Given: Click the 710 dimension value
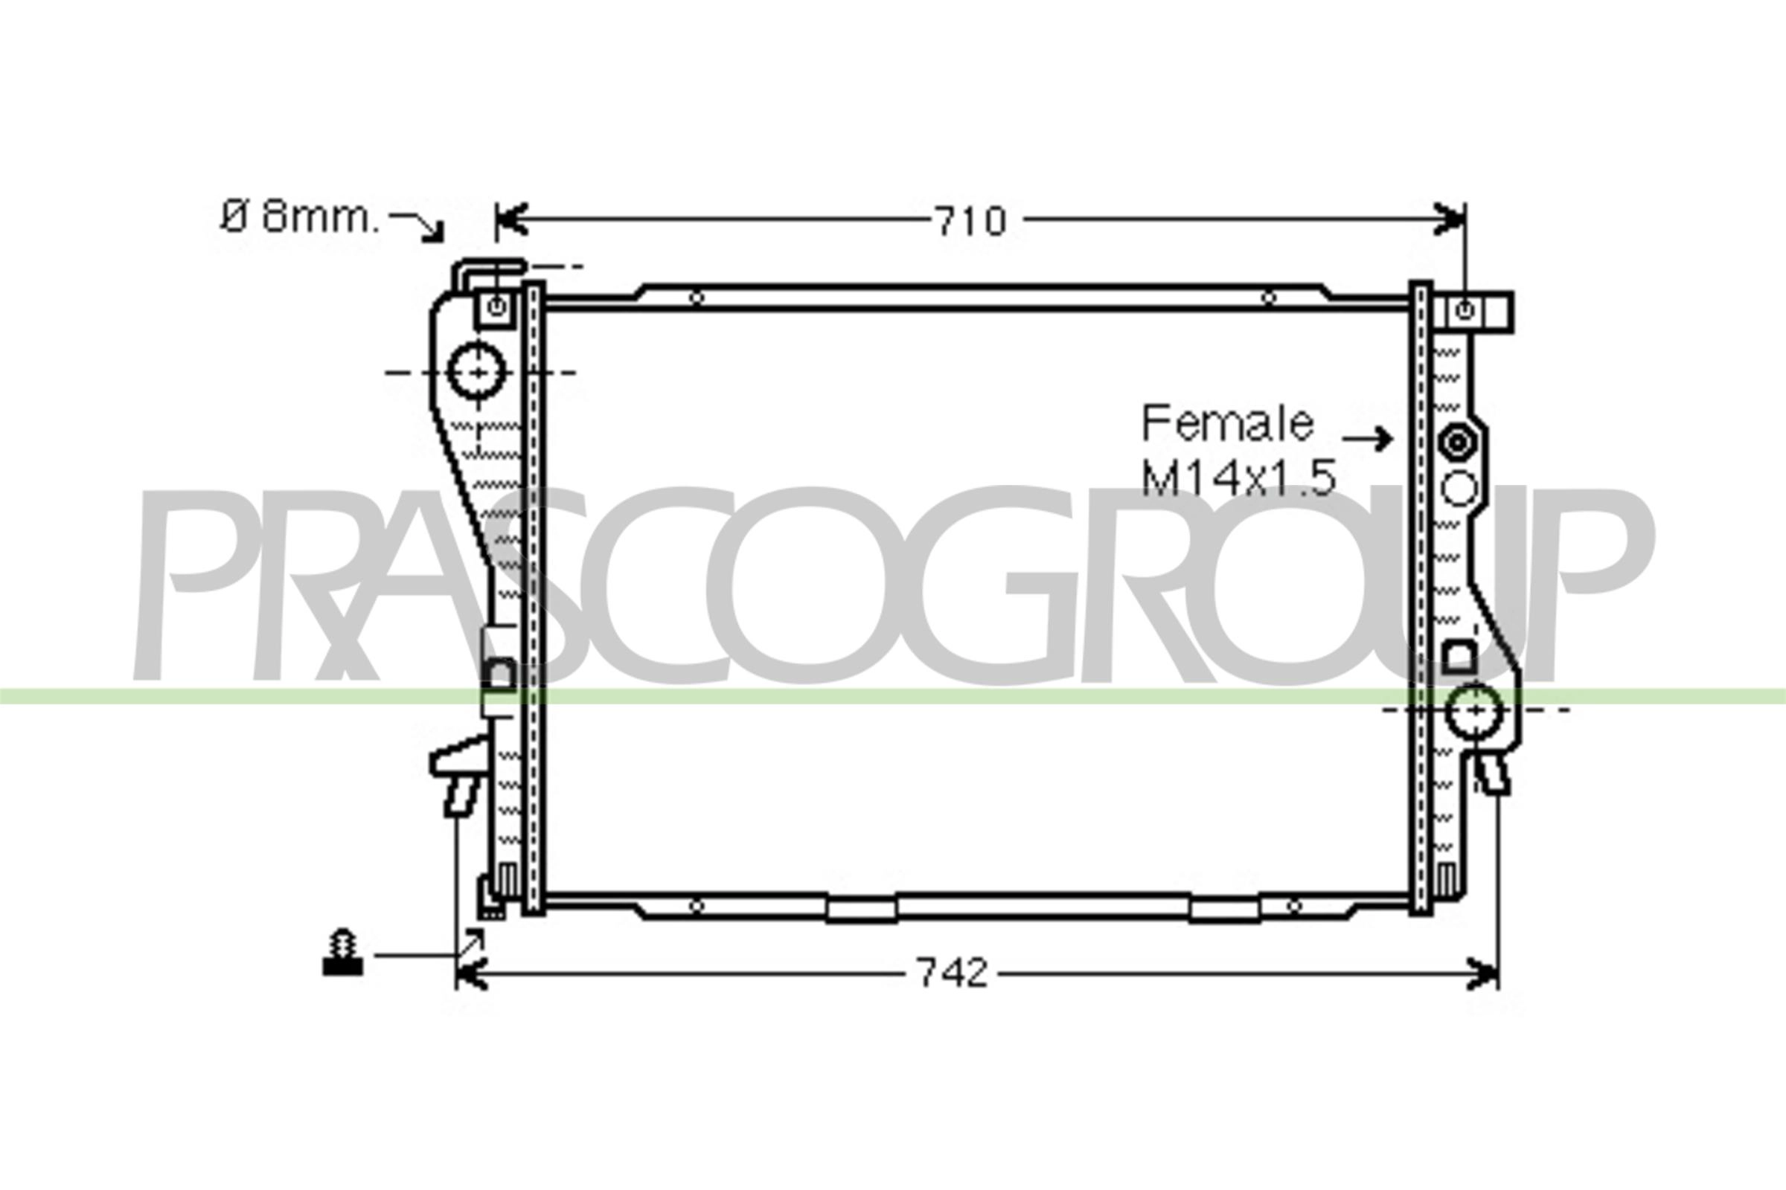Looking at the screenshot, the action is pos(970,221).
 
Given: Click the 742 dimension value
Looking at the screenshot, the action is pos(953,973).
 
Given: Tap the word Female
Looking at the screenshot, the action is pos(1228,423).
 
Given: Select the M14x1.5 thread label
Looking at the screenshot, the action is pos(1238,478).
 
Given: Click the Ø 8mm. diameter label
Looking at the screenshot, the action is pos(298,218).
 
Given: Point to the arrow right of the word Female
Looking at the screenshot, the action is pos(1367,439).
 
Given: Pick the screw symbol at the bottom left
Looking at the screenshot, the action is pos(342,953).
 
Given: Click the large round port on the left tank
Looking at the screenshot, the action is pos(477,372).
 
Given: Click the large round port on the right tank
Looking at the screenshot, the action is pos(1474,710).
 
